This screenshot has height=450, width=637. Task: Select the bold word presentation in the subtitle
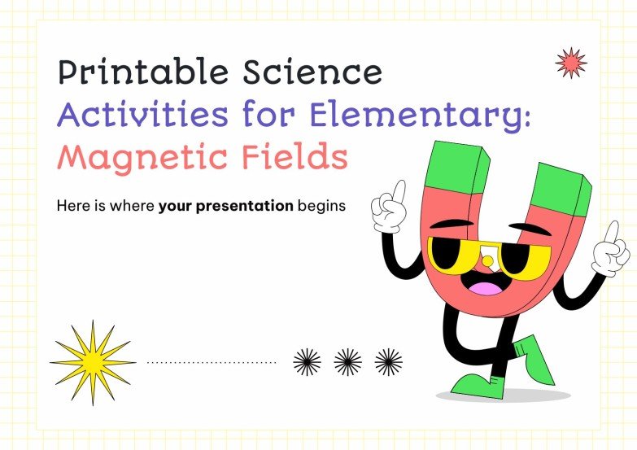[225, 207]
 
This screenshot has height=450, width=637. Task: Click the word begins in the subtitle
[321, 207]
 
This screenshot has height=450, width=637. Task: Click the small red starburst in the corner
[569, 62]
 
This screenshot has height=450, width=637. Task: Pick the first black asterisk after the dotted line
[307, 362]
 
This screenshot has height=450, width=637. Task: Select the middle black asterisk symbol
[347, 362]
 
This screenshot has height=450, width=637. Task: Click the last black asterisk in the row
[388, 362]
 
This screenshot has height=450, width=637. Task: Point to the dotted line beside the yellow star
[211, 362]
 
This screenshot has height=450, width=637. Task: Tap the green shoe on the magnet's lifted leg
[534, 359]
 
